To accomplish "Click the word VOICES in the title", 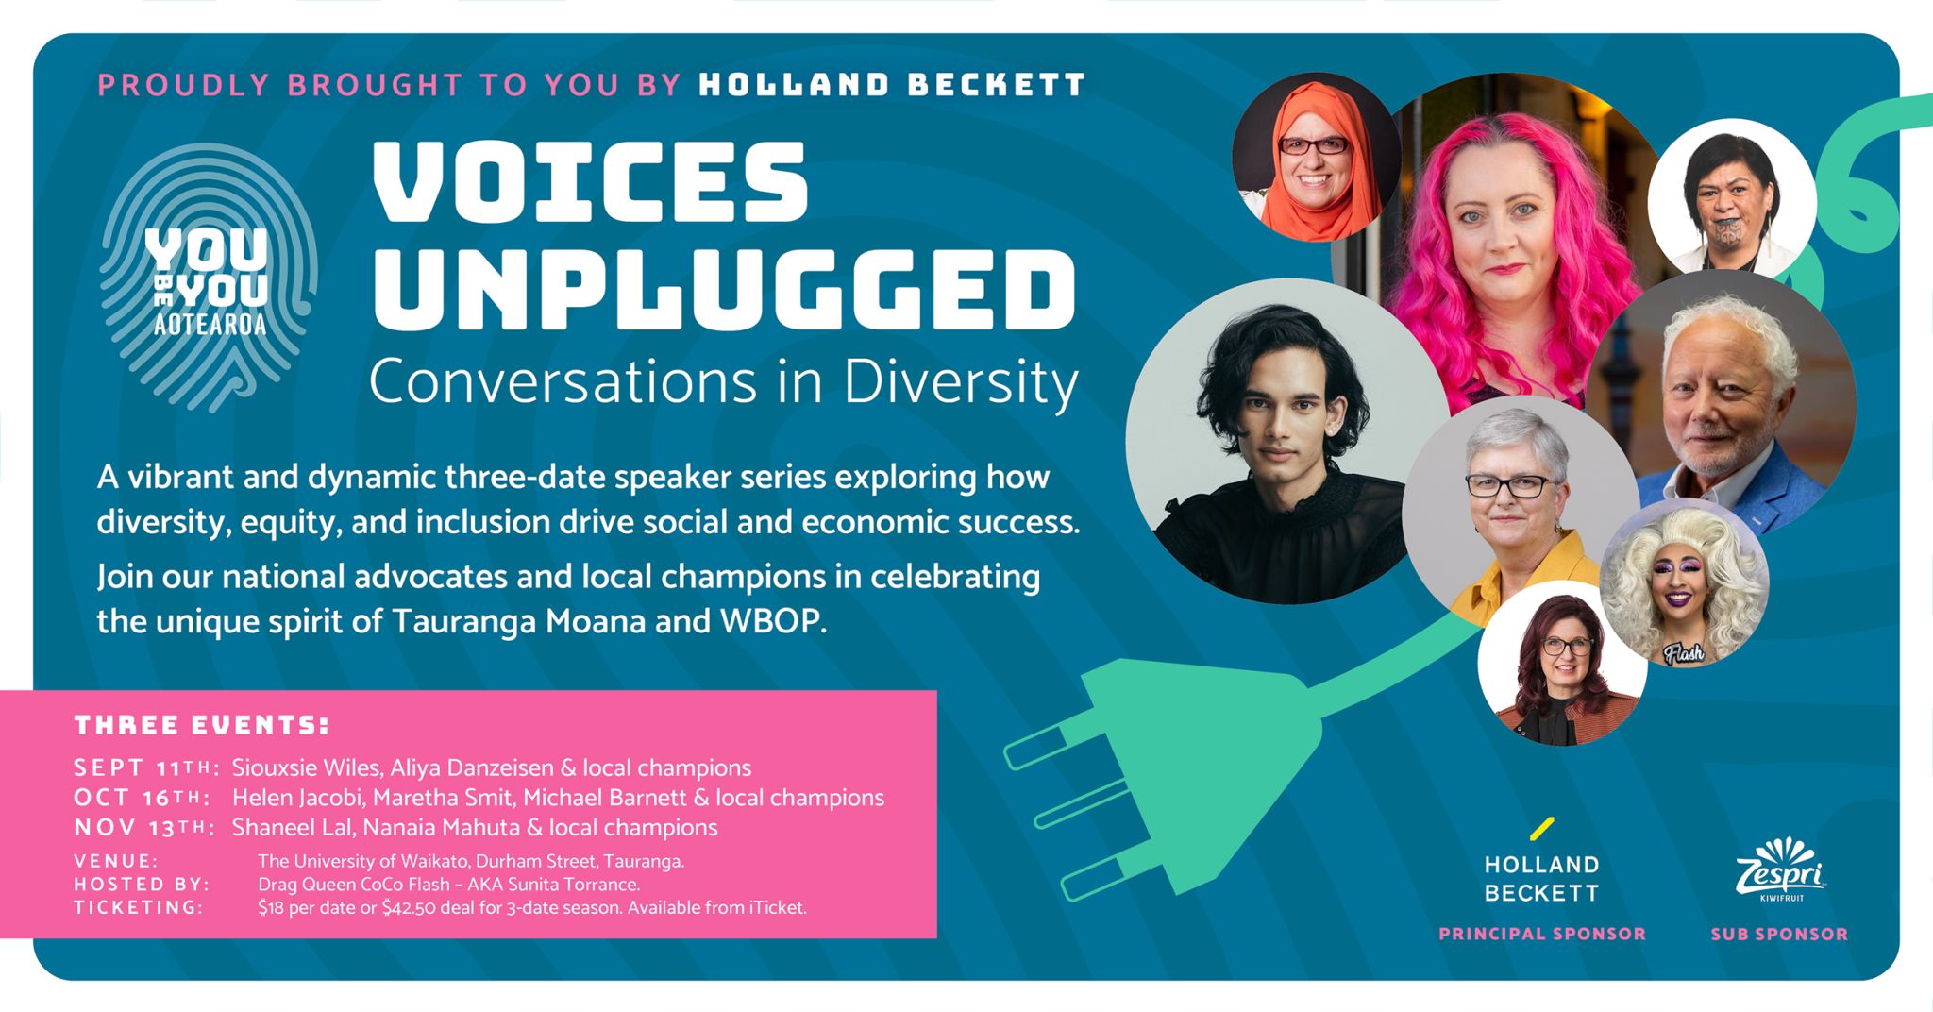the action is point(590,182).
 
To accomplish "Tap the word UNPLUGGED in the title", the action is point(724,290).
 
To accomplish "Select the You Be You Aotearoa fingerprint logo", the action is point(209,277).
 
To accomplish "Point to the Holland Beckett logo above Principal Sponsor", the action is point(1541,862).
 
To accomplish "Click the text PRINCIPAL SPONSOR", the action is point(1541,934).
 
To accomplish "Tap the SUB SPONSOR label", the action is point(1779,934).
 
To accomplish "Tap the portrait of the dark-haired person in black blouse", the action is point(1287,441).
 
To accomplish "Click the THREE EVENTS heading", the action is point(202,725).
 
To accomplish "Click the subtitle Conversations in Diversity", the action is point(724,382).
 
